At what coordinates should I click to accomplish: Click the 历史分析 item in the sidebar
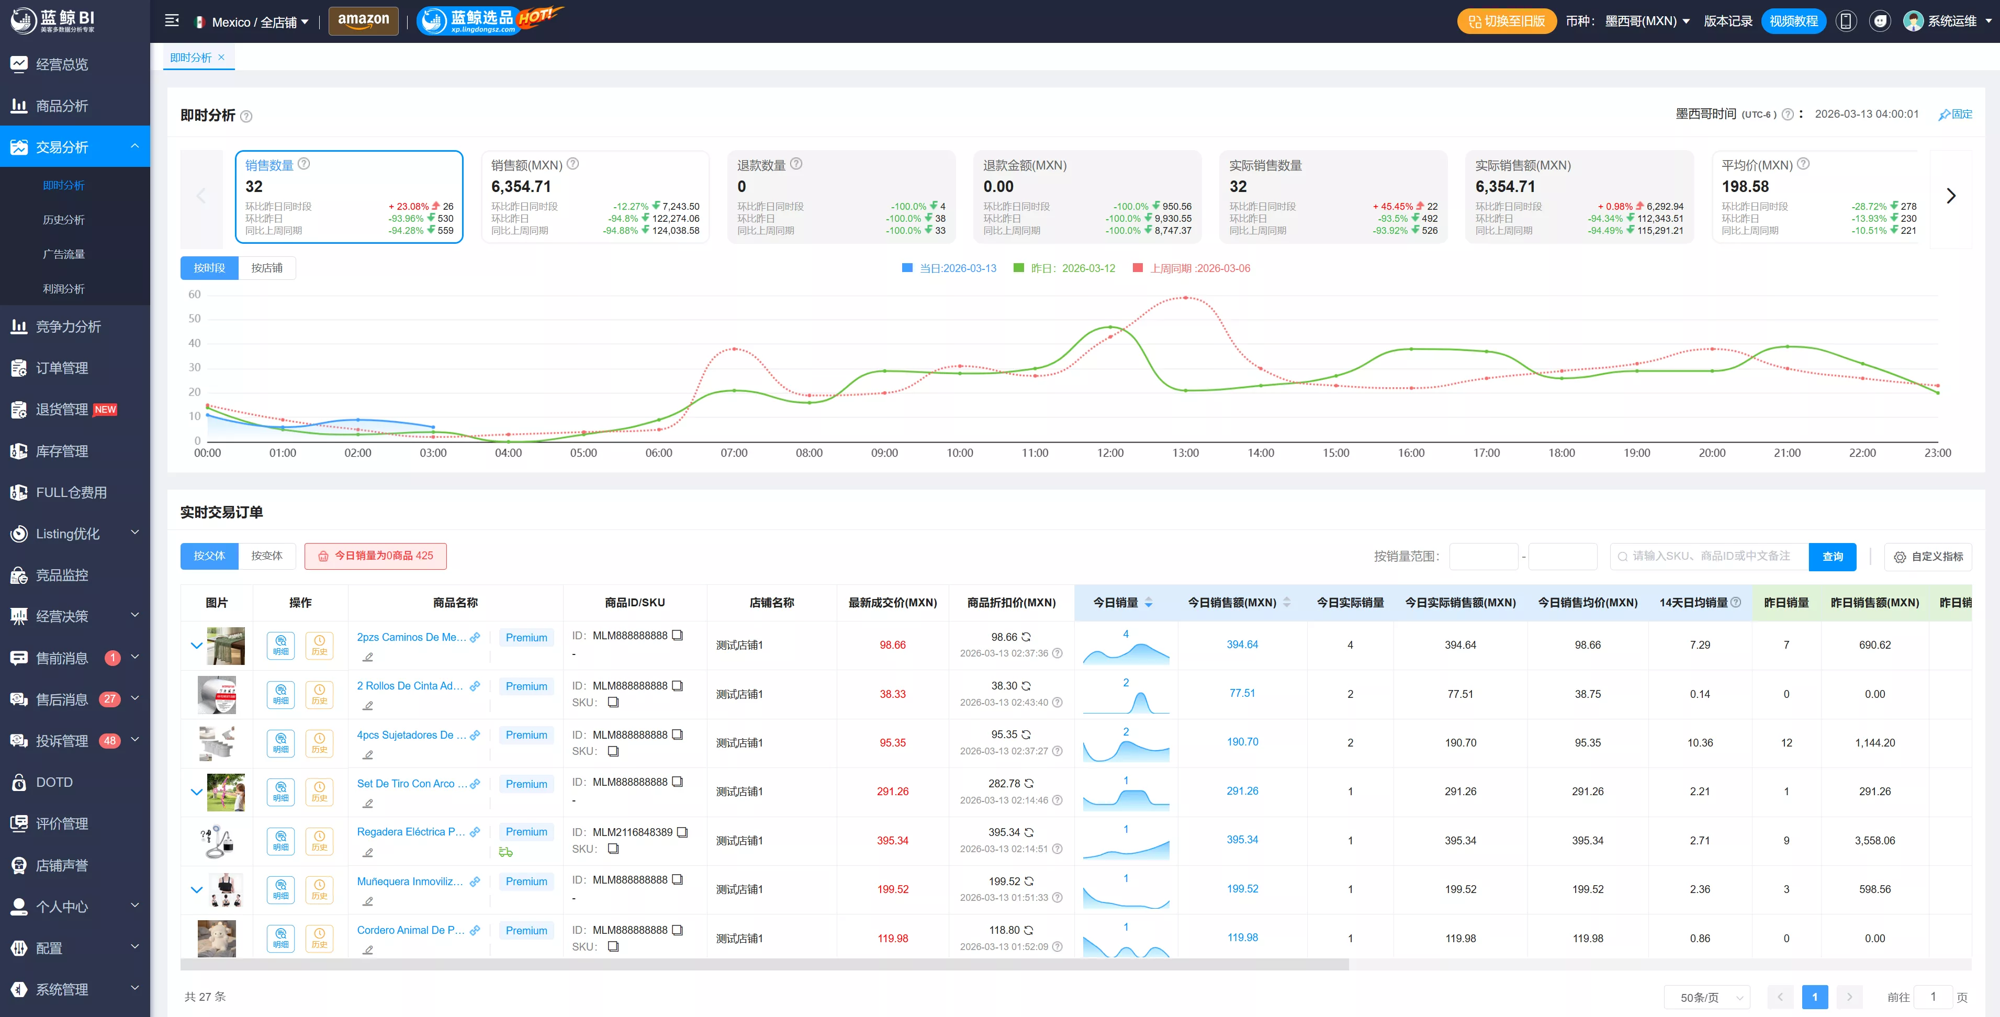pos(64,220)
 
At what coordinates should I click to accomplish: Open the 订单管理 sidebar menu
pos(62,368)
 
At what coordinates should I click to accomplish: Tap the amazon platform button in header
pos(363,21)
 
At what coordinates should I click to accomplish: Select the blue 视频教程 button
pos(1793,21)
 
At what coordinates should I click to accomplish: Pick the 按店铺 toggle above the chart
pos(267,268)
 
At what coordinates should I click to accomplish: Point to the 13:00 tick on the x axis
pos(1185,453)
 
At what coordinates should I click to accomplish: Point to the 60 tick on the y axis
pos(194,294)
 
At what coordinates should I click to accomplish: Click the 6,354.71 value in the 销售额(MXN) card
pos(521,186)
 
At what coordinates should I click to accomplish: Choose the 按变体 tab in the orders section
pos(267,556)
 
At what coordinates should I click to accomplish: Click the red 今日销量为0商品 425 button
pos(376,556)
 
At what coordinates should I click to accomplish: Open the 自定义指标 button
pos(1929,557)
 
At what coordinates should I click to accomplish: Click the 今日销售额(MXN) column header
pos(1232,603)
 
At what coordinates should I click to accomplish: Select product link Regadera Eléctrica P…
pos(411,831)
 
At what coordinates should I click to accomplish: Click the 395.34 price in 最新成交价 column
pos(893,841)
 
